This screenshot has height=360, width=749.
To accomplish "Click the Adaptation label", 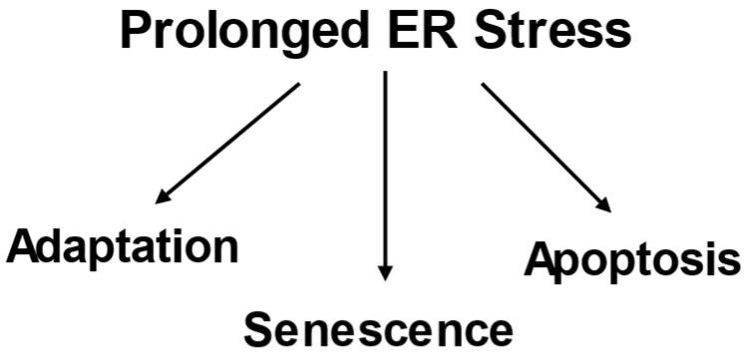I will [x=123, y=245].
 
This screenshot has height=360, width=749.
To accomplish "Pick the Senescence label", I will [x=378, y=326].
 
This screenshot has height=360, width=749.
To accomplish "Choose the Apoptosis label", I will [x=633, y=260].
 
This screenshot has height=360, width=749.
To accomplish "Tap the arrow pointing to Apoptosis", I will [x=545, y=146].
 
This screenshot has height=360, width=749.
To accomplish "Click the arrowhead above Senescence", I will [x=384, y=271].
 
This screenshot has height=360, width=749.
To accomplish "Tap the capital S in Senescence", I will [x=260, y=325].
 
